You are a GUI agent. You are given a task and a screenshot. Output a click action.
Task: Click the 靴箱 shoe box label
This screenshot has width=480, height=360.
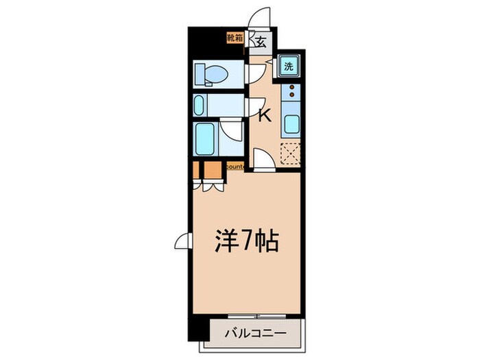pos(235,37)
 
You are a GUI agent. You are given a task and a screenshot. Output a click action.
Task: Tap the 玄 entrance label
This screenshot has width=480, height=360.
pos(261,42)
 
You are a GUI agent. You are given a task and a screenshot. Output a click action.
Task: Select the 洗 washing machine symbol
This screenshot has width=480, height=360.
pos(289,67)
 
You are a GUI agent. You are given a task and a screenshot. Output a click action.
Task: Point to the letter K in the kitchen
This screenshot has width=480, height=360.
pos(265,116)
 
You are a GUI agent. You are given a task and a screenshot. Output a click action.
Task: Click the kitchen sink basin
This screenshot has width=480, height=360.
pos(290,125)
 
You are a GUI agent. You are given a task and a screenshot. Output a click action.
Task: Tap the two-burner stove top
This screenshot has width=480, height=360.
pos(291,95)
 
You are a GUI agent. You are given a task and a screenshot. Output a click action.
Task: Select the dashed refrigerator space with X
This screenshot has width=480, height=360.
pos(291,152)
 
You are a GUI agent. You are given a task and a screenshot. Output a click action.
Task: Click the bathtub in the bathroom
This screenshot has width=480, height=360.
pos(205,139)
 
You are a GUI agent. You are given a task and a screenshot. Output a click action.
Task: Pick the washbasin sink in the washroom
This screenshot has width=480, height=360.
pos(200,105)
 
